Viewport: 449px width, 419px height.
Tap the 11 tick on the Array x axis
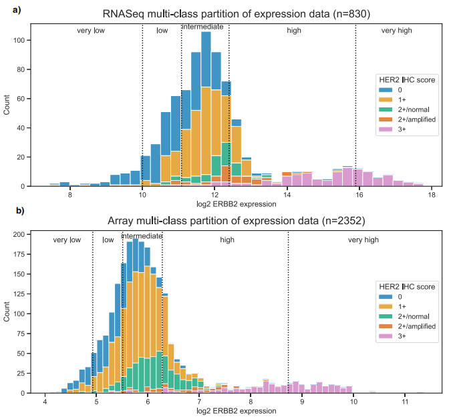coord(405,402)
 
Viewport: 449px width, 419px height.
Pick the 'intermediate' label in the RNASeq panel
coord(203,27)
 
